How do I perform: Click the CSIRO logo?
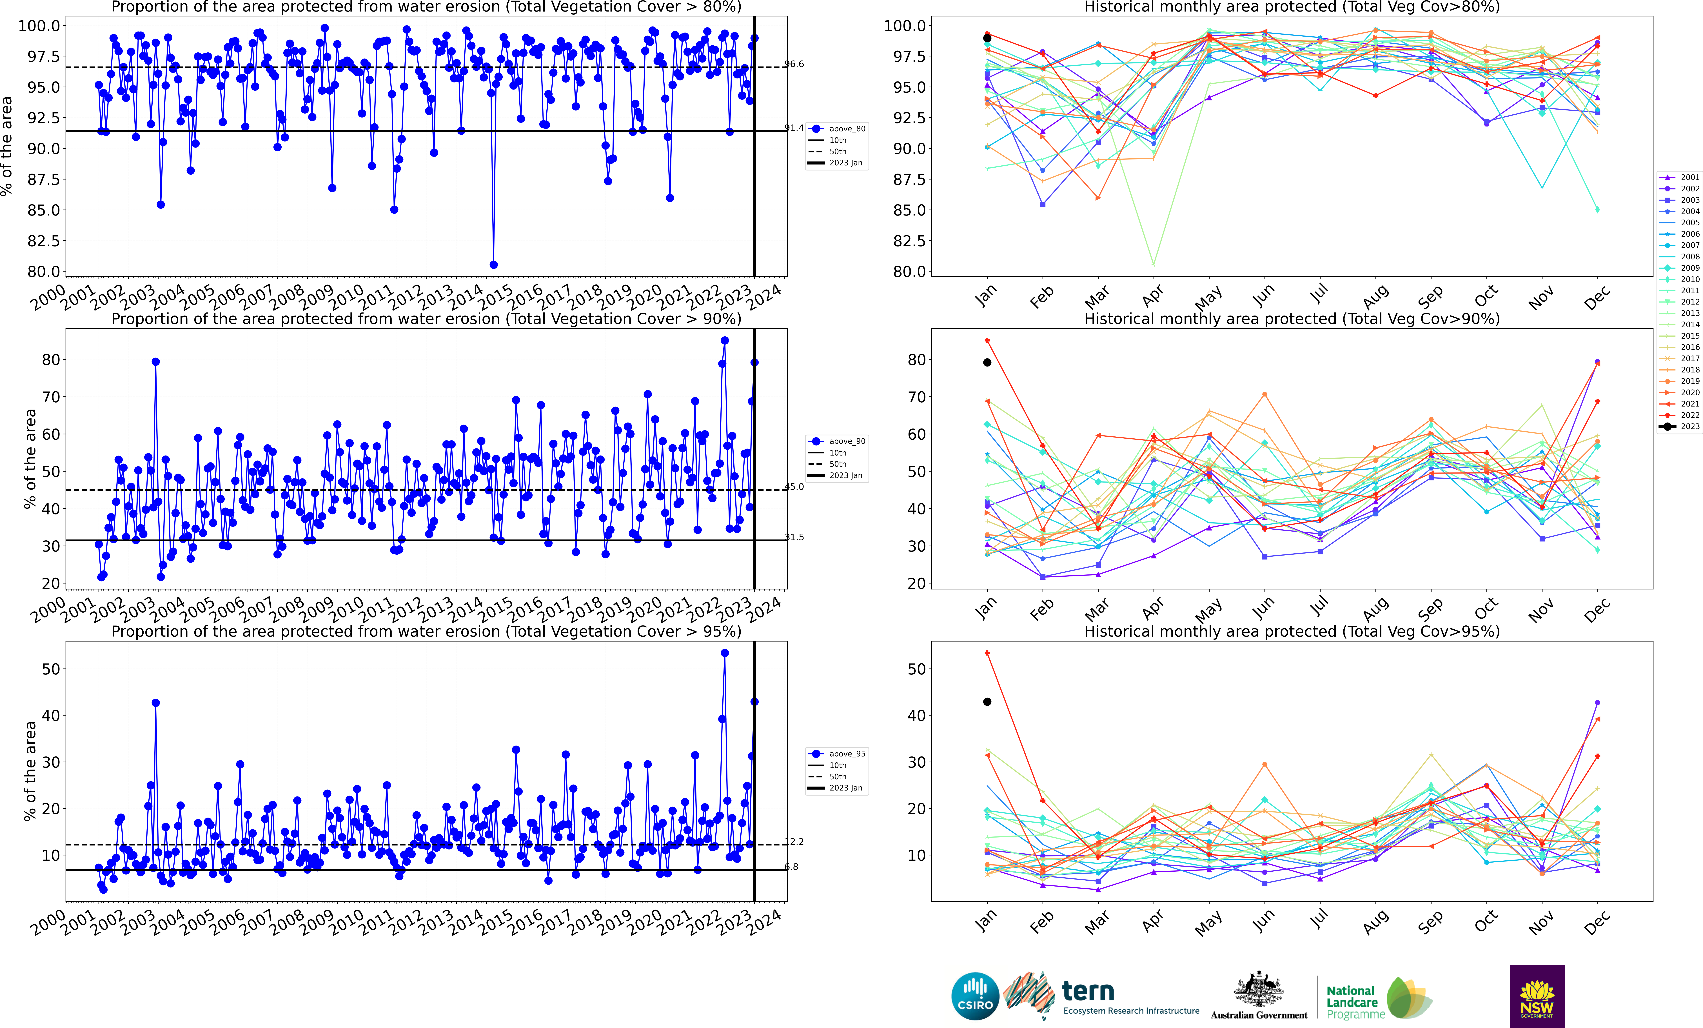coord(974,996)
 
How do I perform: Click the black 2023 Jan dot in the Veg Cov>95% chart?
coord(987,702)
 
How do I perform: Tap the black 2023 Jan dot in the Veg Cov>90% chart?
coord(987,362)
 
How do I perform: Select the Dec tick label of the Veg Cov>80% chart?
coord(1597,297)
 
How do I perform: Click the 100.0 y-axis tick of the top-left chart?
coord(39,26)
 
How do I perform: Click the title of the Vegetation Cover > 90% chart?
coord(426,319)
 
